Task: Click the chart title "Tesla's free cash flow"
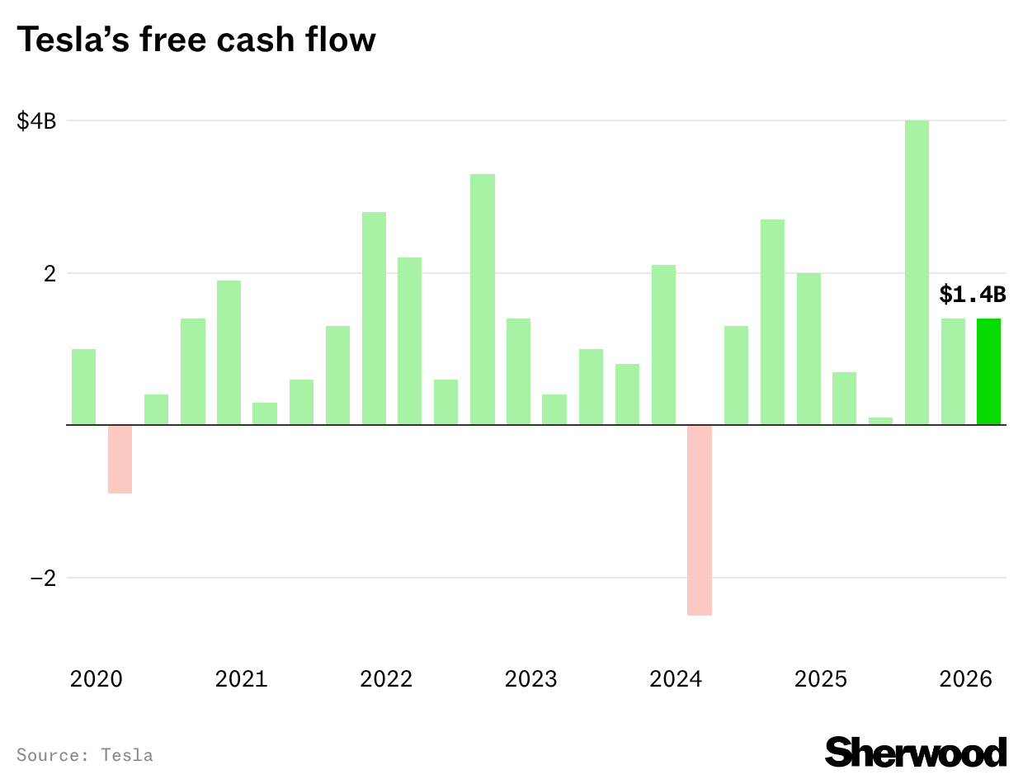pyautogui.click(x=196, y=39)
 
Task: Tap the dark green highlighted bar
pyautogui.click(x=988, y=371)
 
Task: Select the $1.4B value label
pyautogui.click(x=972, y=294)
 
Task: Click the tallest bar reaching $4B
pyautogui.click(x=917, y=272)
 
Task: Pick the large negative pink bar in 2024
pyautogui.click(x=700, y=520)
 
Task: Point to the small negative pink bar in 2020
pyautogui.click(x=120, y=459)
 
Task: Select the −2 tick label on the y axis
pyautogui.click(x=42, y=578)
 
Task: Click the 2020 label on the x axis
pyautogui.click(x=97, y=679)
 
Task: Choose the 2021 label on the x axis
pyautogui.click(x=241, y=679)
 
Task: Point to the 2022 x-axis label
pyautogui.click(x=386, y=679)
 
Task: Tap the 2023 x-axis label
pyautogui.click(x=530, y=679)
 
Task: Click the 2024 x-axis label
pyautogui.click(x=676, y=679)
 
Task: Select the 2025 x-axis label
pyautogui.click(x=820, y=679)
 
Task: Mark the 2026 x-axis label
pyautogui.click(x=965, y=679)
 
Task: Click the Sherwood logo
pyautogui.click(x=916, y=752)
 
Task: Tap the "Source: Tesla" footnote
pyautogui.click(x=84, y=754)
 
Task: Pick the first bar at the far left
pyautogui.click(x=84, y=387)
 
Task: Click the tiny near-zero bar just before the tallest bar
pyautogui.click(x=880, y=421)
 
